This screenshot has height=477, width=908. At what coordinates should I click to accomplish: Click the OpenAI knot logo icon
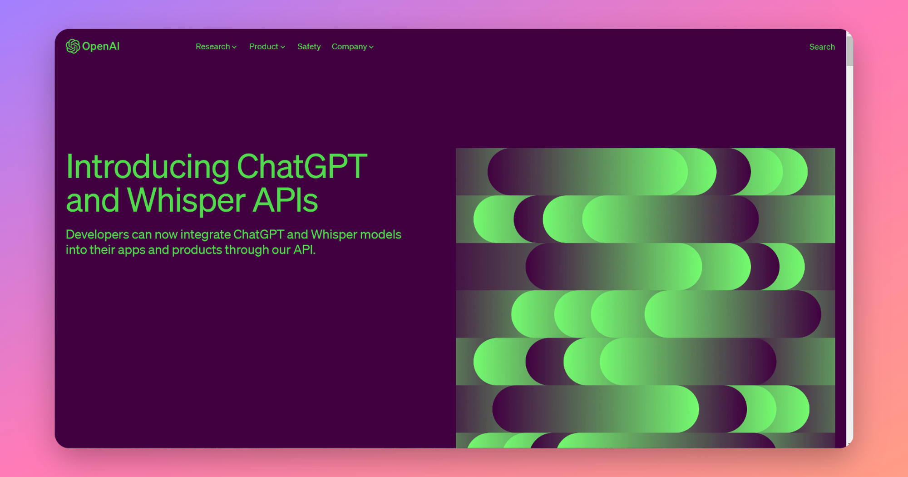coord(73,46)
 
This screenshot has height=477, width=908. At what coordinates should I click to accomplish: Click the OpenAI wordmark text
coord(101,46)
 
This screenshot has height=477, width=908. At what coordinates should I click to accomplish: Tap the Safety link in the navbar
coord(309,46)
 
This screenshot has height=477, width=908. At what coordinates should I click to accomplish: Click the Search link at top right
coord(822,47)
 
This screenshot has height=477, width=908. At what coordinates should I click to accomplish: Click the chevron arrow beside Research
coord(234,47)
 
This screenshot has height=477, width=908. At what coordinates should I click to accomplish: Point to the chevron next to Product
coord(282,47)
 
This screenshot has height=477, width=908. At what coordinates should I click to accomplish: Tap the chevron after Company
coord(371,47)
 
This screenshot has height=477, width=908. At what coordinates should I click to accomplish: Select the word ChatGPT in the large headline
coord(302,166)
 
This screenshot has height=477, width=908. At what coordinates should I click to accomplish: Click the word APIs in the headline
coord(285,200)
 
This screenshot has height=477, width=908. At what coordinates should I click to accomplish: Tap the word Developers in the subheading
coord(98,235)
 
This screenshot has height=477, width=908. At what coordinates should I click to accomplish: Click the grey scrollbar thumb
coord(850,50)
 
